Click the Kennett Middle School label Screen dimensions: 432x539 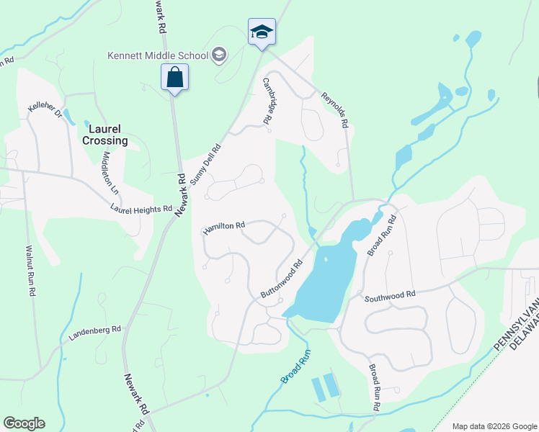(x=158, y=55)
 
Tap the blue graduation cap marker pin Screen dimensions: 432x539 (x=262, y=32)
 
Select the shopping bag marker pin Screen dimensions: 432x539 (x=174, y=76)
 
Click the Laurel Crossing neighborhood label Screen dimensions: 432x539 (x=104, y=135)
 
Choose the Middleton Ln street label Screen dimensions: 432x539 (x=110, y=173)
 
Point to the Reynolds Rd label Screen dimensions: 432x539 (x=336, y=109)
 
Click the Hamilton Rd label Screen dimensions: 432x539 (x=224, y=227)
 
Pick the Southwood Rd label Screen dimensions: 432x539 (x=390, y=295)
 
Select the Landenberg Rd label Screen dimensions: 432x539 (x=95, y=333)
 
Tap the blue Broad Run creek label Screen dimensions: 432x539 (x=295, y=366)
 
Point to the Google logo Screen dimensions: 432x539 (x=24, y=423)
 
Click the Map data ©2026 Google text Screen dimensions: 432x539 (x=494, y=426)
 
